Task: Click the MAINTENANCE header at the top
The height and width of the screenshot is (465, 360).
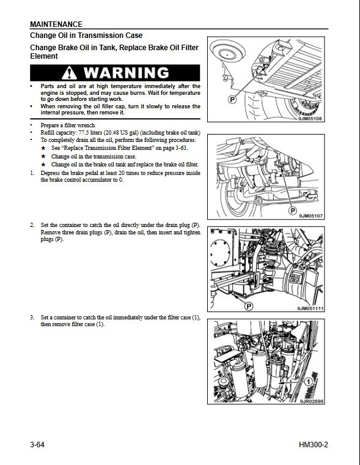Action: click(x=56, y=24)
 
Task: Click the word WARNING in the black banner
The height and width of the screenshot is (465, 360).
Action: click(x=127, y=73)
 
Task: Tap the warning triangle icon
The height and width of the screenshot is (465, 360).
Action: click(x=69, y=73)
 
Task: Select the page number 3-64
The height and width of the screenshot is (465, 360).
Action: click(x=37, y=445)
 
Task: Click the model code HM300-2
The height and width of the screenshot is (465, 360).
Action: click(x=314, y=445)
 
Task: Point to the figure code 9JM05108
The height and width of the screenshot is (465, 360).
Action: click(x=310, y=119)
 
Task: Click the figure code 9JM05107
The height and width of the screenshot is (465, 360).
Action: click(x=311, y=216)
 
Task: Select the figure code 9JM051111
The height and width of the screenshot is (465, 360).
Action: click(x=310, y=309)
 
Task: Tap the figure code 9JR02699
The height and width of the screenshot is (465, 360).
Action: click(x=311, y=401)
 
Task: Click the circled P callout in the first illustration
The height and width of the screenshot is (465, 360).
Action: click(x=232, y=99)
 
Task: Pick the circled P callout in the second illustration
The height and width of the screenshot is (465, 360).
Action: click(x=292, y=210)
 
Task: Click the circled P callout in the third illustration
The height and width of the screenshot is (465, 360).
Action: click(x=248, y=306)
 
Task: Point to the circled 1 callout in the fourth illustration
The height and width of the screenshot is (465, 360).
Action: click(x=309, y=381)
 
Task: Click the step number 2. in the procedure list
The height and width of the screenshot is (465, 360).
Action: click(x=32, y=225)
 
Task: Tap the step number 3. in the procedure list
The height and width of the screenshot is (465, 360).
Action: click(x=32, y=318)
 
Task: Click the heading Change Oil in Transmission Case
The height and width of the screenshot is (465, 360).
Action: click(x=86, y=35)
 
